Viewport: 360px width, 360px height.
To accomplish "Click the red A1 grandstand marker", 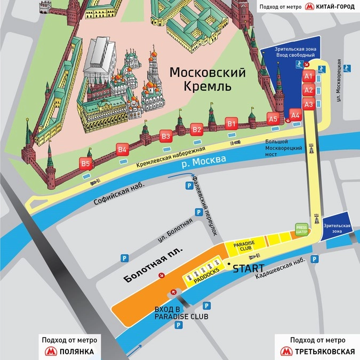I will click(x=308, y=77).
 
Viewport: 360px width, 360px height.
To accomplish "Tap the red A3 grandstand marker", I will click(x=308, y=105).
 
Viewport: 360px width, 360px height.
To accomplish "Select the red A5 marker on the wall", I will click(x=273, y=119).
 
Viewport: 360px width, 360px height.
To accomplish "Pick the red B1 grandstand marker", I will click(x=231, y=124).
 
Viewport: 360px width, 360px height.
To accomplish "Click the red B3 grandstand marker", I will click(x=166, y=137).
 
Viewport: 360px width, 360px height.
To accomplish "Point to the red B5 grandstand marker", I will click(x=85, y=164).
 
